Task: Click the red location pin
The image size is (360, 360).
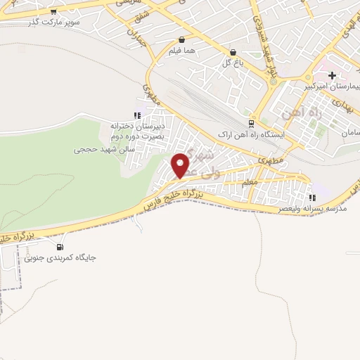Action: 181,165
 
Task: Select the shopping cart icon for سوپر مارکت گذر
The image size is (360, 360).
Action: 53,11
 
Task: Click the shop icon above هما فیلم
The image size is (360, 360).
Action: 182,40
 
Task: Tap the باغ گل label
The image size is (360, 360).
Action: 233,63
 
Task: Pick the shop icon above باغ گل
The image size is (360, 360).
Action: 233,52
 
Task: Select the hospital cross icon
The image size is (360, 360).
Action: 332,75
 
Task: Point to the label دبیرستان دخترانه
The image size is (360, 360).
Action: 137,127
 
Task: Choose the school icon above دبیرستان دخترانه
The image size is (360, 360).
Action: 138,115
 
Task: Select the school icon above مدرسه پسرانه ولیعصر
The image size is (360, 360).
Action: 311,198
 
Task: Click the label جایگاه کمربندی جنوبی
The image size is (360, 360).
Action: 60,258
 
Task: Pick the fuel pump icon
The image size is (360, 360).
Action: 60,247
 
